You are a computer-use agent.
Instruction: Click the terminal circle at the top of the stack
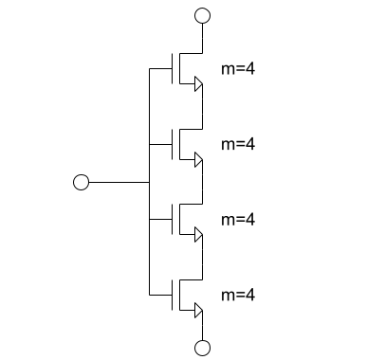[201, 16]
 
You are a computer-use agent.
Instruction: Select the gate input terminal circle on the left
[81, 182]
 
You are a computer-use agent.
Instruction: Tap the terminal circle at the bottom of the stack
[201, 348]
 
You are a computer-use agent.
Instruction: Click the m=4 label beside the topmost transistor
[238, 69]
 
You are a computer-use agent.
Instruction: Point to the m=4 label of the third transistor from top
[238, 219]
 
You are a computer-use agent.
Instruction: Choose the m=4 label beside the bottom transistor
[238, 295]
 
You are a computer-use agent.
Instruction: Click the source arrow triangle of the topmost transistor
[197, 85]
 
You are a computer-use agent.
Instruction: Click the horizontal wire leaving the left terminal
[119, 182]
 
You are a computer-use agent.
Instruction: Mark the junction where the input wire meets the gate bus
[150, 182]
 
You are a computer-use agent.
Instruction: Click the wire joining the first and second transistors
[201, 109]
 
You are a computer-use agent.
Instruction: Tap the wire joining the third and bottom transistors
[201, 258]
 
